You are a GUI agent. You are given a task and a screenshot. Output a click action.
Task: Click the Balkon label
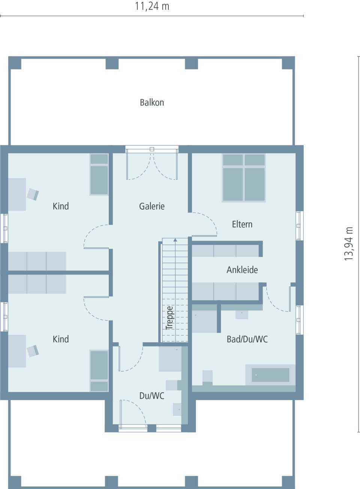[x=152, y=102]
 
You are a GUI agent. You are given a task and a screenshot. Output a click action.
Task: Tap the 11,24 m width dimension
[x=152, y=6]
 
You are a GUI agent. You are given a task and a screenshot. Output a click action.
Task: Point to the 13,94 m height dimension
[x=349, y=244]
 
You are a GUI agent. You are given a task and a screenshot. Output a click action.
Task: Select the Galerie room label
[x=152, y=206]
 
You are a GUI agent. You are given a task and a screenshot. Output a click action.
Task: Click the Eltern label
[x=242, y=224]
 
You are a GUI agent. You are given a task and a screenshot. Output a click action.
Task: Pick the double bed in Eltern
[x=244, y=178]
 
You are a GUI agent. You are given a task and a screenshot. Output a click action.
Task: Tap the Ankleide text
[x=242, y=270]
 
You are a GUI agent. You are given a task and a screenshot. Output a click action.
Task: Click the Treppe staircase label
[x=169, y=318]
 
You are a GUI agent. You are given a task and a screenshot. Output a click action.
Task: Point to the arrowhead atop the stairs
[x=175, y=240]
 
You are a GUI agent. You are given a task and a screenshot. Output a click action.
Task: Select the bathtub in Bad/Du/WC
[x=270, y=375]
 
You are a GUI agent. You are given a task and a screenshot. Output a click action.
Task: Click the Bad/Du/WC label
[x=247, y=339]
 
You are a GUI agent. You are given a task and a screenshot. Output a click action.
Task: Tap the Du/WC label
[x=152, y=396]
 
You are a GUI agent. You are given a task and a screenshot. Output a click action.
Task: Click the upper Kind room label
[x=61, y=206]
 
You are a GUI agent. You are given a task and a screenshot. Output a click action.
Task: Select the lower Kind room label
[x=61, y=339]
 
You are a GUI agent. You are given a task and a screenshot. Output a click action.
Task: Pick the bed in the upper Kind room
[x=99, y=175]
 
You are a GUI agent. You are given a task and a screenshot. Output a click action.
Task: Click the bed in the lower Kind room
[x=99, y=370]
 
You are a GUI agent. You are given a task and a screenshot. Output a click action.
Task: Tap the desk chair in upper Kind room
[x=33, y=194]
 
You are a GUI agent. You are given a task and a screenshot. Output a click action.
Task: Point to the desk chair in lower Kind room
[x=33, y=351]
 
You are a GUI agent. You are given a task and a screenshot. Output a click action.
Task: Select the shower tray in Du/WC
[x=170, y=359]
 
